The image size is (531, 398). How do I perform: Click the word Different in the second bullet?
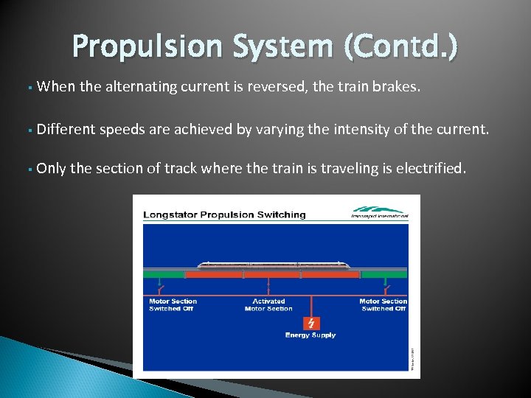[x=66, y=130]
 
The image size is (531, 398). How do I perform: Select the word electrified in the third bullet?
[x=431, y=168]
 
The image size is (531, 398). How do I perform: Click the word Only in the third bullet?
[x=51, y=168]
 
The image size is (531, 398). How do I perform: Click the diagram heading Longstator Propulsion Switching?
[x=224, y=214]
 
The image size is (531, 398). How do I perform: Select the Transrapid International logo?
[x=380, y=212]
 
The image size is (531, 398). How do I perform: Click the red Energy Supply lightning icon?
[x=310, y=323]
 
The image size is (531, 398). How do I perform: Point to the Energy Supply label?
[x=310, y=335]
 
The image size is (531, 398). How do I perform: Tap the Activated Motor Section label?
[x=268, y=304]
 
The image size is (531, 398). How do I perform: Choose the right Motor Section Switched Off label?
[x=383, y=304]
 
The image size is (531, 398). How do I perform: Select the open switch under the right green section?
[x=384, y=287]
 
